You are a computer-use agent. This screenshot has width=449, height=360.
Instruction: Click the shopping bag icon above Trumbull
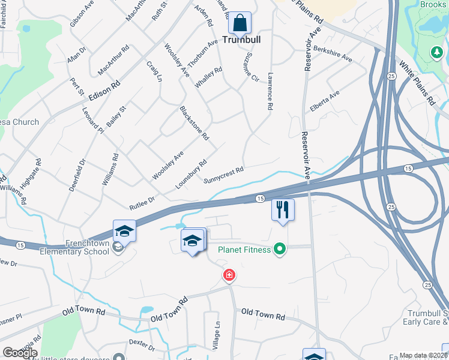click(240, 23)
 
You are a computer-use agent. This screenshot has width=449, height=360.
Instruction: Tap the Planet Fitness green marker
click(279, 248)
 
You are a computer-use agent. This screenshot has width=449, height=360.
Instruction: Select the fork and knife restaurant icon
click(282, 210)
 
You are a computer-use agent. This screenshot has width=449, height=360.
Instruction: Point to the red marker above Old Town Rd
click(229, 275)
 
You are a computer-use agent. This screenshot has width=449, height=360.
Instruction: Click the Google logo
click(20, 353)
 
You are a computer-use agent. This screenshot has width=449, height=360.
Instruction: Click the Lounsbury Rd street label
click(191, 175)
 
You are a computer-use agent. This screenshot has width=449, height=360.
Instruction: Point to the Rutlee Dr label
click(142, 203)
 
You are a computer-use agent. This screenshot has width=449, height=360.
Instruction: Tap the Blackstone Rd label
click(194, 124)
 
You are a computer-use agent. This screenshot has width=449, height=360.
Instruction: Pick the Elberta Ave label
click(325, 101)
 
